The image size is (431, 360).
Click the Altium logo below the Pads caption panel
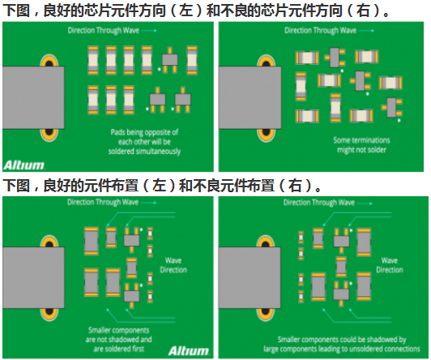[24, 165]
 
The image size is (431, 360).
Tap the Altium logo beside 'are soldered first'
[189, 350]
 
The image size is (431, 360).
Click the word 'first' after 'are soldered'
[138, 349]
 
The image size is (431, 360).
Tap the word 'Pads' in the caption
[117, 132]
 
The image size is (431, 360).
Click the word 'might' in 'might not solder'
[344, 150]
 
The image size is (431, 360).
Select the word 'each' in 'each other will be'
[125, 142]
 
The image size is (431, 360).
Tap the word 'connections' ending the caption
[403, 349]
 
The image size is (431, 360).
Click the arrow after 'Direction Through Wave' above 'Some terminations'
[366, 31]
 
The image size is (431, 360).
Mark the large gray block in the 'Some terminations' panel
[250, 97]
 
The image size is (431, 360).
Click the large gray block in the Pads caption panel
[33, 97]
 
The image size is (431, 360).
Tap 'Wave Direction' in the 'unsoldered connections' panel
[390, 265]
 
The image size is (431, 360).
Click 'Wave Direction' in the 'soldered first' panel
[173, 265]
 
